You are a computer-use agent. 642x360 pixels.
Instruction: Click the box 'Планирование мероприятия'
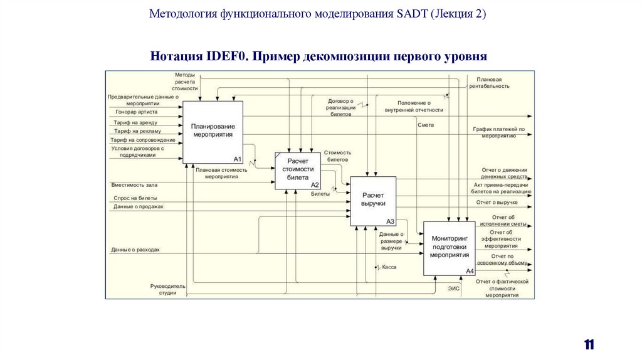[x=213, y=132]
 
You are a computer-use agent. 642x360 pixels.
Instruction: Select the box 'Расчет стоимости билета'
[x=298, y=169]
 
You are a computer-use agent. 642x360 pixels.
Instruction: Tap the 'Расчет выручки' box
[x=373, y=201]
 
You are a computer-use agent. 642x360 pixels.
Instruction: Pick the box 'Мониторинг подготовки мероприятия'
[x=449, y=247]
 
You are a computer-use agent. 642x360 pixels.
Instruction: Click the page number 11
[x=589, y=344]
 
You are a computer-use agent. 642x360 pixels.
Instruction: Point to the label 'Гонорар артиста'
[x=136, y=112]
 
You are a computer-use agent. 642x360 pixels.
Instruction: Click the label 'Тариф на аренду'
[x=135, y=122]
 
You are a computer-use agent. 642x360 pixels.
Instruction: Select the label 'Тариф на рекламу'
[x=137, y=131]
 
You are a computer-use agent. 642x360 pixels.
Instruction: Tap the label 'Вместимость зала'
[x=134, y=185]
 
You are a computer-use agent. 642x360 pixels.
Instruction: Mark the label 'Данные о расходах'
[x=135, y=250]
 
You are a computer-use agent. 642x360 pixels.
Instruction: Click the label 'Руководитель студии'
[x=167, y=289]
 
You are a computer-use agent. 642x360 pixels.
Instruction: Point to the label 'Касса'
[x=389, y=267]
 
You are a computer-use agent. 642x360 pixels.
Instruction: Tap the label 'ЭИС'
[x=454, y=288]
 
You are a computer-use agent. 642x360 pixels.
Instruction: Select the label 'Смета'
[x=426, y=125]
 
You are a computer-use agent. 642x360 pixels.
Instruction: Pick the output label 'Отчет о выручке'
[x=497, y=203]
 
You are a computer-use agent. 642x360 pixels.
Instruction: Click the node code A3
[x=390, y=221]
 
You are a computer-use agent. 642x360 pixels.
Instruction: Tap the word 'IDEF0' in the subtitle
[x=226, y=56]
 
